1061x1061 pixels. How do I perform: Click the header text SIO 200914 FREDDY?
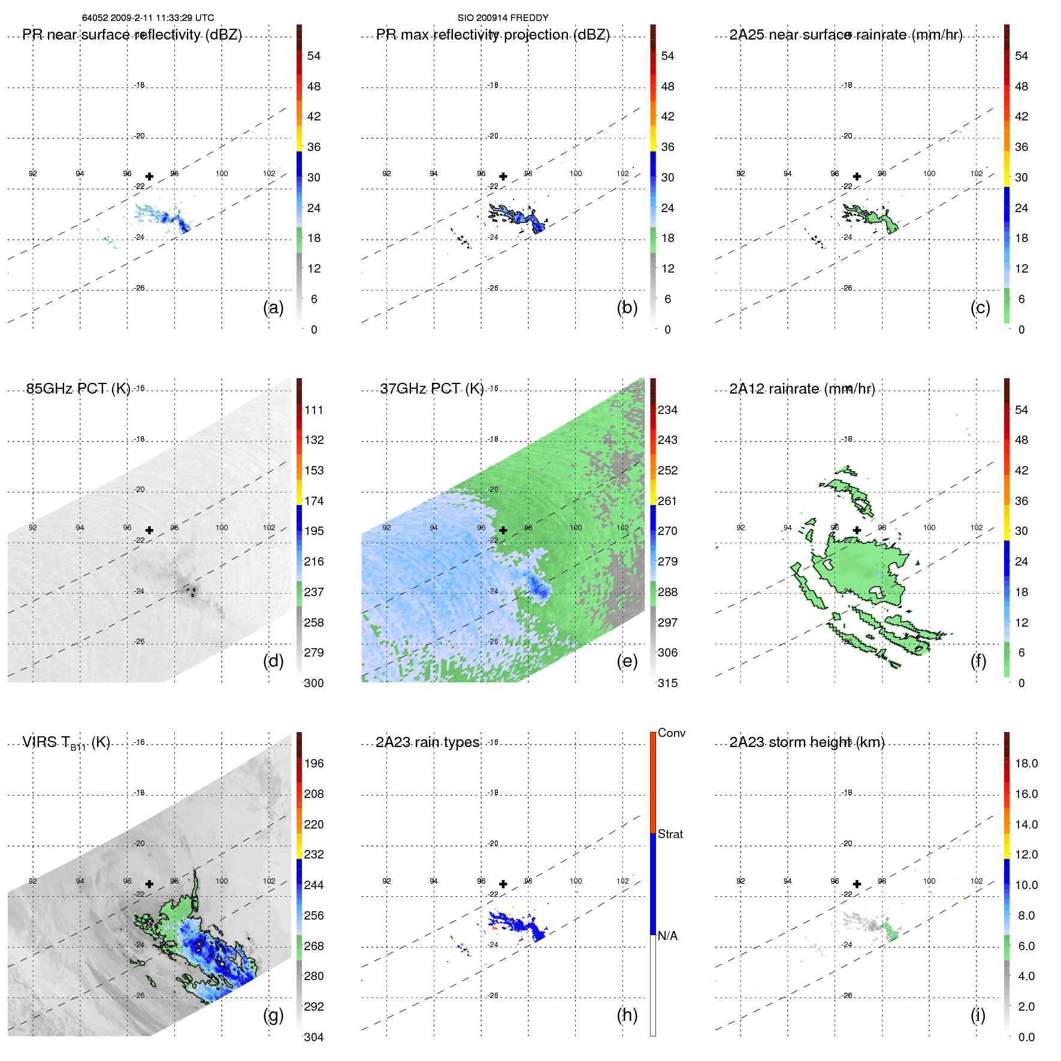click(x=503, y=18)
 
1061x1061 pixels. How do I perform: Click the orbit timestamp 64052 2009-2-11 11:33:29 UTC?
click(x=148, y=18)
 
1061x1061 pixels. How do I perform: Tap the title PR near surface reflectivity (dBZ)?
click(x=132, y=35)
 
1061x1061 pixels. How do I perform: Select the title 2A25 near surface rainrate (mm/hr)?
click(x=845, y=35)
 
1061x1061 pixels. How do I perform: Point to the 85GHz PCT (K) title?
click(x=78, y=389)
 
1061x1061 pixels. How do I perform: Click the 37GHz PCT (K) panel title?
click(x=431, y=389)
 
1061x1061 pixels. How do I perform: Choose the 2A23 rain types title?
click(x=427, y=742)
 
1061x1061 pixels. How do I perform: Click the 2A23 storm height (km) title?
click(x=806, y=742)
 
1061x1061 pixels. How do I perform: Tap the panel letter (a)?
click(x=273, y=307)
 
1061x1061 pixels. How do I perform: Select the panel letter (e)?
click(x=627, y=661)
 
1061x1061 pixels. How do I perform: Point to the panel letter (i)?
click(x=978, y=1015)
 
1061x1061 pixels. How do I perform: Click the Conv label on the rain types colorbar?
click(x=671, y=733)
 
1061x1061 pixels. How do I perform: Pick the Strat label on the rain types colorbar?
click(x=670, y=834)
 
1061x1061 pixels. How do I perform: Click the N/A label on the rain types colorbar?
click(x=669, y=936)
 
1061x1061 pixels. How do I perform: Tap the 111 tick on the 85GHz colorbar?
click(x=314, y=410)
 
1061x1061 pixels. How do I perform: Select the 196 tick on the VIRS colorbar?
click(x=314, y=763)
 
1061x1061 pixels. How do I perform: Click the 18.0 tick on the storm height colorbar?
click(x=1026, y=763)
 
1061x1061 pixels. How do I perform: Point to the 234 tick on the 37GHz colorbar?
click(x=667, y=410)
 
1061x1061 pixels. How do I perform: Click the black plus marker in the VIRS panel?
click(x=149, y=884)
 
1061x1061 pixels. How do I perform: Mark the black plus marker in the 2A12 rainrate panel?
click(x=857, y=530)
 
